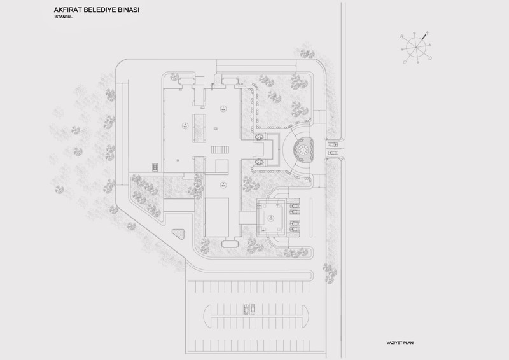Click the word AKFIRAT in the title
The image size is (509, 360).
coord(71,11)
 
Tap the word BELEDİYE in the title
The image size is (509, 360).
coord(108,11)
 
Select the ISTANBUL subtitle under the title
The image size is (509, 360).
coord(64,18)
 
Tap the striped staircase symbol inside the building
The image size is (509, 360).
coord(219,148)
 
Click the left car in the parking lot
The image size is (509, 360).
coord(246,310)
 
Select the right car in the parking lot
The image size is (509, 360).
coord(253,310)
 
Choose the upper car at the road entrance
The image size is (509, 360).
coord(332,144)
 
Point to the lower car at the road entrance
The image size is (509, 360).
coord(332,153)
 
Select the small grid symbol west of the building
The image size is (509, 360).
coord(154,167)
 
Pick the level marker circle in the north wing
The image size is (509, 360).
coord(223,108)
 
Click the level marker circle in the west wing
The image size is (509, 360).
coord(183,125)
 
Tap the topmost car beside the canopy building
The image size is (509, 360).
coord(294,205)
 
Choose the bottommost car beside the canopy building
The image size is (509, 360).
coord(294,230)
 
